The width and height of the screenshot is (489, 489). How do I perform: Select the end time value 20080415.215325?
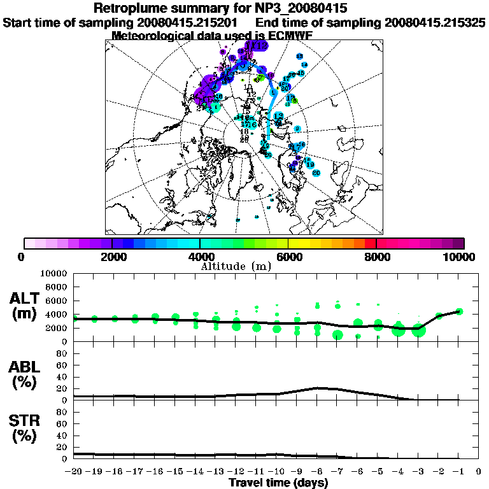coord(435,23)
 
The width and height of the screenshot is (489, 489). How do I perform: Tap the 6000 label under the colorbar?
coord(288,257)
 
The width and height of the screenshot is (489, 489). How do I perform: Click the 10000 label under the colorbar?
coord(460,257)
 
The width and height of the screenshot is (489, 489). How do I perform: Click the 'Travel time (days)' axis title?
coord(278,483)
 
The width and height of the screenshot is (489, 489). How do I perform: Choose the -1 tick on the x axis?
coord(459,472)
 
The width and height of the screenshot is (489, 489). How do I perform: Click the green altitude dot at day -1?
coord(459,311)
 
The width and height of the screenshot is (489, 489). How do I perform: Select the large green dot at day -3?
coord(418,330)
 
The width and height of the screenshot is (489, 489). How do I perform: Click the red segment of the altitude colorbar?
coord(371,243)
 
